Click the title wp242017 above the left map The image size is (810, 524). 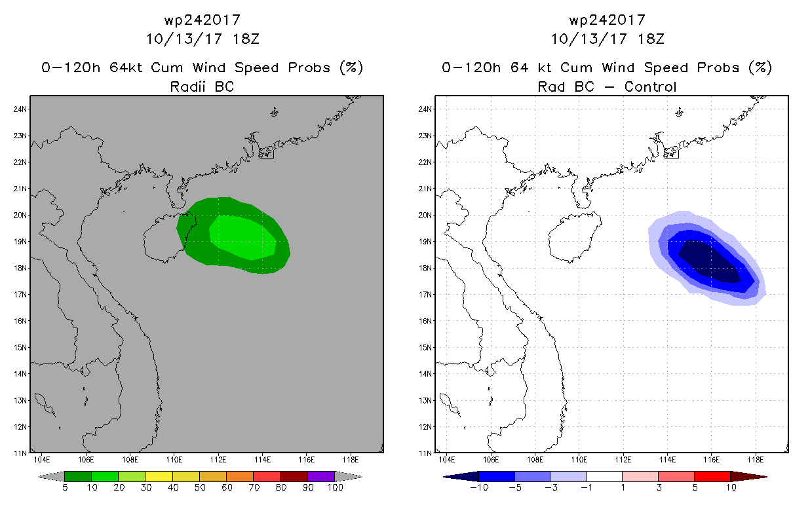coord(202,20)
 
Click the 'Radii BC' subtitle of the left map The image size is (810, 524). coord(202,86)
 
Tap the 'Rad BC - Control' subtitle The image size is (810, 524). coord(607,86)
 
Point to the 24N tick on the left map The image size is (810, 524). coord(20,109)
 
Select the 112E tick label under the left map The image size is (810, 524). coord(218,460)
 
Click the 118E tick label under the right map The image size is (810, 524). coord(756,460)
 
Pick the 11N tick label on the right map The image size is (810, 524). coord(425,453)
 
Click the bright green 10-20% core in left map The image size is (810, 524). coord(243,237)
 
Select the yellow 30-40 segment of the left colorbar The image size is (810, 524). coord(159,476)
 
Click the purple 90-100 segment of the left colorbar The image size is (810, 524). coord(321,476)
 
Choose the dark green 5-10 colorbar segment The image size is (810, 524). coord(78,476)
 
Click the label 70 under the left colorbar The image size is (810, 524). coord(254,487)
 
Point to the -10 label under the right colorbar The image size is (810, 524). coord(479,487)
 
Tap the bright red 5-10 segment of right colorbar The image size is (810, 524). coord(712,476)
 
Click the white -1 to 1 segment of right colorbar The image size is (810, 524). coord(604,476)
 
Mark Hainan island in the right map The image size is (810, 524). coord(575,236)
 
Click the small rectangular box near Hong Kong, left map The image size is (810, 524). coord(266,153)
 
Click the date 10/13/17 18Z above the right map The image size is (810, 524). coord(607,39)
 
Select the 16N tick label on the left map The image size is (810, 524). coord(20,321)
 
